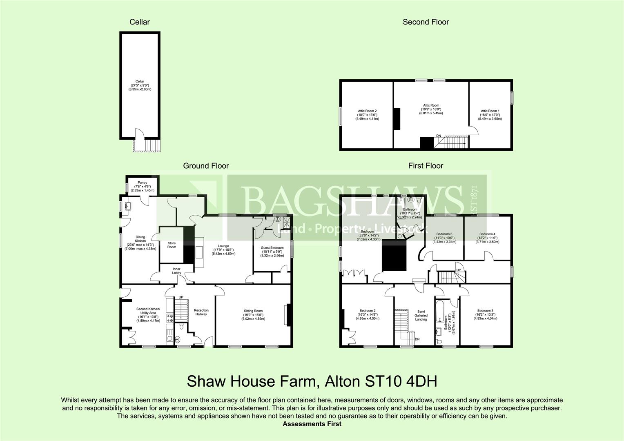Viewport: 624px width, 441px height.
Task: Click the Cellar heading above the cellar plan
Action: (x=140, y=22)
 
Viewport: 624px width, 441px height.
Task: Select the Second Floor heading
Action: (x=426, y=22)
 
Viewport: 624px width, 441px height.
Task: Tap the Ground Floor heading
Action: (x=206, y=166)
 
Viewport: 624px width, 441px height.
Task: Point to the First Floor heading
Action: (x=426, y=166)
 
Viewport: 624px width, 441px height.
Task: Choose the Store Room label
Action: (x=172, y=245)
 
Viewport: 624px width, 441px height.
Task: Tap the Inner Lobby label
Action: (x=176, y=271)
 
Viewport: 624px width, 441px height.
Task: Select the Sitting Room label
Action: (x=253, y=311)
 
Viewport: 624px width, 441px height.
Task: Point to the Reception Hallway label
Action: (x=201, y=312)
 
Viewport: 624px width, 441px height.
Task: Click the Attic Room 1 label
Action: (x=490, y=111)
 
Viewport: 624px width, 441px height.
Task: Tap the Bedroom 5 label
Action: (x=444, y=234)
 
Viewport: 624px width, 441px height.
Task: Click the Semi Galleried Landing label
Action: (x=421, y=315)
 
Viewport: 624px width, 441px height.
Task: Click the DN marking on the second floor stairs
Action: (x=438, y=136)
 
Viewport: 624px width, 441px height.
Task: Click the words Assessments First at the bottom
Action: (x=312, y=424)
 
